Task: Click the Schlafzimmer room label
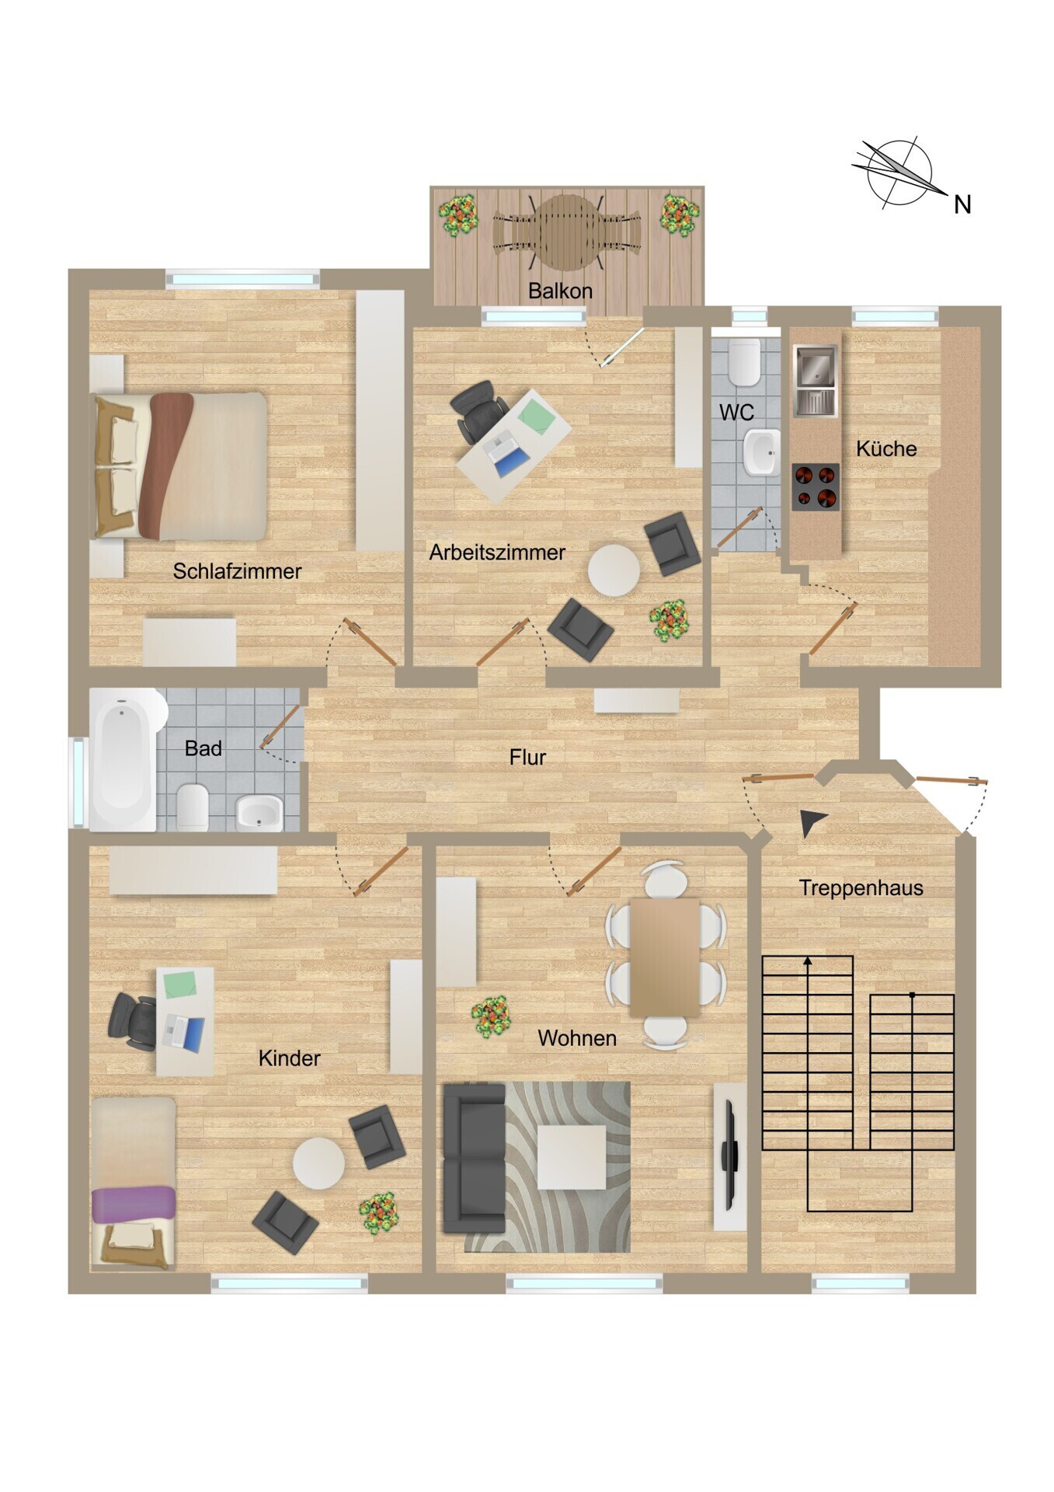click(x=237, y=572)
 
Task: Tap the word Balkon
click(x=560, y=291)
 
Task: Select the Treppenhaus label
click(x=861, y=888)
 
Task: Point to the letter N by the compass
click(x=962, y=204)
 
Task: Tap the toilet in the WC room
click(x=744, y=361)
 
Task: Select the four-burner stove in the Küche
click(x=816, y=487)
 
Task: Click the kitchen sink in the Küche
click(x=815, y=381)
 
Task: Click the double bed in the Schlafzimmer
click(x=180, y=465)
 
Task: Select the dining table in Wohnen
click(x=665, y=957)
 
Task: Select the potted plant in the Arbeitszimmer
click(x=669, y=620)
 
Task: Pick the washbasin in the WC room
click(x=761, y=452)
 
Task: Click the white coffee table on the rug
click(x=572, y=1157)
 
